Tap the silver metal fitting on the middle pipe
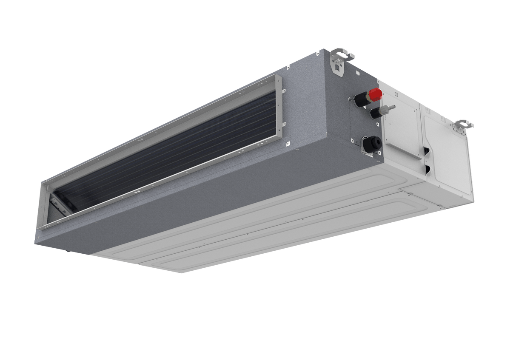[387, 109]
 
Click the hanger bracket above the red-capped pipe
[343, 56]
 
